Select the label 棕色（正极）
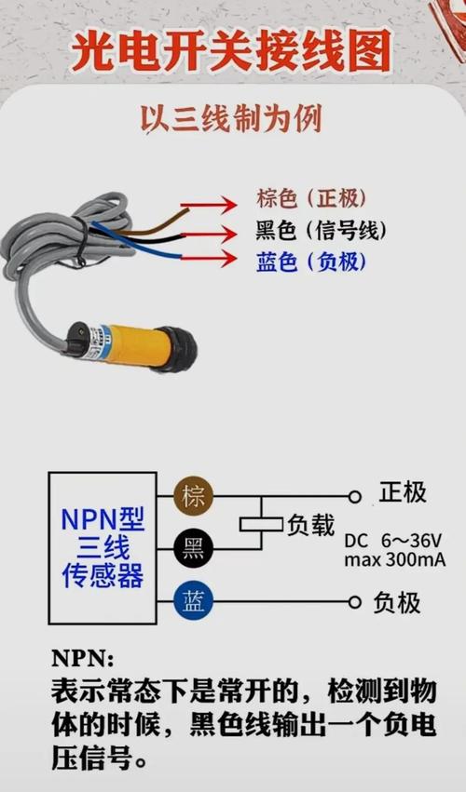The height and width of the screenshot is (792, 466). coord(311,198)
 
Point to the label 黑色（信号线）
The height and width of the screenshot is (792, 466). coord(321,230)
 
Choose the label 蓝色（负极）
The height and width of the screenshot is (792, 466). coord(311,262)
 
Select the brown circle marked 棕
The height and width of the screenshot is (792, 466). coord(193,496)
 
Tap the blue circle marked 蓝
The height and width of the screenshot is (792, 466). coord(193,602)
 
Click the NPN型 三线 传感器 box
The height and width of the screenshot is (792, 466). coord(103,546)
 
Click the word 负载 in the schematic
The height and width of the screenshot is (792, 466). coord(310,525)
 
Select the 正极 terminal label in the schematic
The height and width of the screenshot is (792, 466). coord(402,492)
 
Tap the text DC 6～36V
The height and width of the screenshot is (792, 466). coord(392,542)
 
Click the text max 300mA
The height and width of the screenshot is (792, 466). coord(393,560)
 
